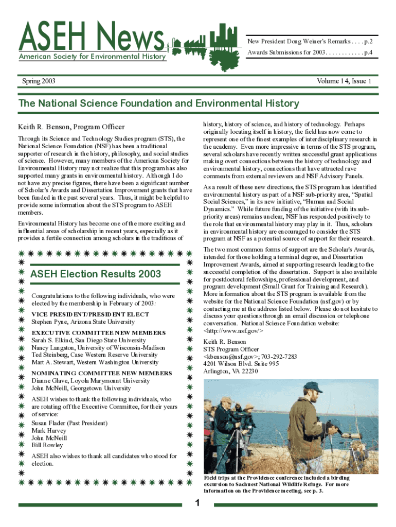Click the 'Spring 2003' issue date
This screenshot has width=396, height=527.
point(39,81)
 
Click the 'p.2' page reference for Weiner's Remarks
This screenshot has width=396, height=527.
point(368,40)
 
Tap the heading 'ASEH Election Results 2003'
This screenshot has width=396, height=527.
point(96,274)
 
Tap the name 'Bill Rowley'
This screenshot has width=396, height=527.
point(47,445)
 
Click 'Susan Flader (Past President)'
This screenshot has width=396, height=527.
point(69,423)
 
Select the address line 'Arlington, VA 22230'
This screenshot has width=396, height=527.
point(230,372)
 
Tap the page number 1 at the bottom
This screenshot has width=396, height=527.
point(197,503)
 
